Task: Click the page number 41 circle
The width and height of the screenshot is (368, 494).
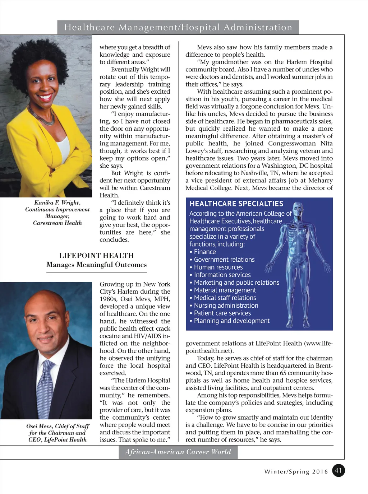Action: (x=338, y=470)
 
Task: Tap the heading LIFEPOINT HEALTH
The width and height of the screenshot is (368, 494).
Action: (x=96, y=256)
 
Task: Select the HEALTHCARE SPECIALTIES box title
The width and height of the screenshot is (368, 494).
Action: (x=236, y=204)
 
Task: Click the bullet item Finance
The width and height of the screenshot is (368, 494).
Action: (x=205, y=252)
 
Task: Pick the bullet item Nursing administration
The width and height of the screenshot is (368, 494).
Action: (x=226, y=306)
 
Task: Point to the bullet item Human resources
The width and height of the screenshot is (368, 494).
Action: (x=218, y=267)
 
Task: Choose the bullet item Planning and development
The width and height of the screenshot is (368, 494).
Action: (x=231, y=321)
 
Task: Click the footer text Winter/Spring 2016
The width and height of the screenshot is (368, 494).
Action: (x=296, y=471)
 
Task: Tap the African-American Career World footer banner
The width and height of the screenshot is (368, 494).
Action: (x=178, y=452)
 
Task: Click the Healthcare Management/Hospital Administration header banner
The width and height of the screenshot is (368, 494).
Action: (x=178, y=27)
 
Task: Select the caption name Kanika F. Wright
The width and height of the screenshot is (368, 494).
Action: (x=57, y=203)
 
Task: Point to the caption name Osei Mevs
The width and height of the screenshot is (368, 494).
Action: (x=39, y=426)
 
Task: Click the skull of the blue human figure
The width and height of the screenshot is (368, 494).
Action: (x=298, y=209)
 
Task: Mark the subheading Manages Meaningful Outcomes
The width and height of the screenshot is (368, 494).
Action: (x=96, y=265)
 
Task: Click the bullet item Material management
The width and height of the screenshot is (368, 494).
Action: (x=225, y=290)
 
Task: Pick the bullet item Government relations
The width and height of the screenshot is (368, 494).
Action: (x=224, y=260)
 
